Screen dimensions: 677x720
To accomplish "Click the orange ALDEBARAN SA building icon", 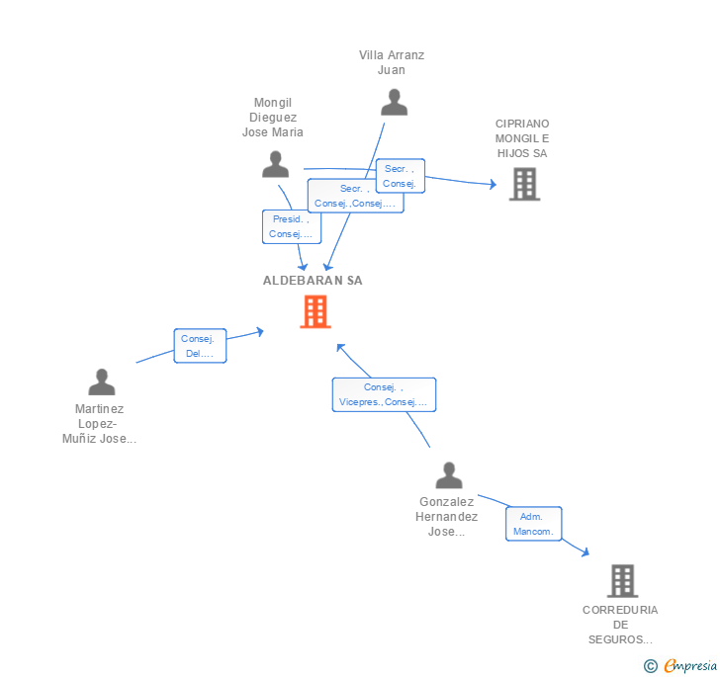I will tap(315, 312).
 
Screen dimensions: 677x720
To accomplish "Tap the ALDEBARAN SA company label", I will tap(313, 281).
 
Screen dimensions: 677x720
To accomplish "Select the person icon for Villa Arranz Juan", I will tap(394, 103).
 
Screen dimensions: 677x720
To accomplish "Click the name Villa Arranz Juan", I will tap(392, 62).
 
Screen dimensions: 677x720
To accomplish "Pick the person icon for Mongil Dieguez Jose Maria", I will tap(276, 165).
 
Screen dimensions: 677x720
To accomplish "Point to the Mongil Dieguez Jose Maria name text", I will tap(273, 118).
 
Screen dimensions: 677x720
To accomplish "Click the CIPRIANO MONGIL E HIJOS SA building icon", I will tap(524, 184).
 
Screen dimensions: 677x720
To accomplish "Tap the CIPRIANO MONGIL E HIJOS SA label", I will tap(522, 138).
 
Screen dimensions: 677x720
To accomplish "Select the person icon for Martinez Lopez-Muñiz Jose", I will tap(101, 381).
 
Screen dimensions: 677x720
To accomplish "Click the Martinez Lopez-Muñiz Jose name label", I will tap(99, 424).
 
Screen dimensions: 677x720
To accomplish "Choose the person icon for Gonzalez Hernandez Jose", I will tap(449, 475).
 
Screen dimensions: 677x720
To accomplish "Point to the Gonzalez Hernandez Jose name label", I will tap(448, 517).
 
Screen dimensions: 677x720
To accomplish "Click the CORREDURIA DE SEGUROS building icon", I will tap(622, 581).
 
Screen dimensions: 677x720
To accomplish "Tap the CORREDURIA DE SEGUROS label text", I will tap(620, 625).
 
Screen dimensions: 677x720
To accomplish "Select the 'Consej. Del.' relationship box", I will tap(200, 346).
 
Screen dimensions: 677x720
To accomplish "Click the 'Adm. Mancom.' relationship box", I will tap(534, 524).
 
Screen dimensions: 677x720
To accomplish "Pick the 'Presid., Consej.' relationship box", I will tap(291, 226).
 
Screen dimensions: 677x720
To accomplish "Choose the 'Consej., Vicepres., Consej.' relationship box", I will tap(384, 394).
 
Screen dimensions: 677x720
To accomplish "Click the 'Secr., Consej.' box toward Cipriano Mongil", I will tap(400, 176).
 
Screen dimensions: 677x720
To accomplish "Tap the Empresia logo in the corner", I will tap(680, 666).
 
